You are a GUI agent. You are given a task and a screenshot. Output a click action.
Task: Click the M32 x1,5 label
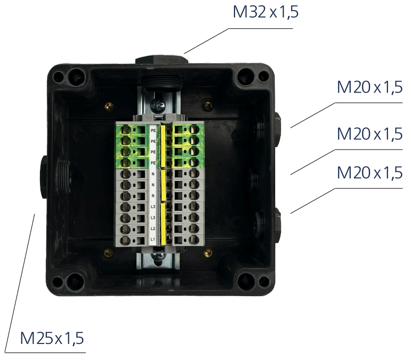coord(265,12)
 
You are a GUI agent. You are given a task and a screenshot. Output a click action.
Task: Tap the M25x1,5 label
coord(52,338)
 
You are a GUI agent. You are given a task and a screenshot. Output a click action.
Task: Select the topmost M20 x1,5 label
coord(369,87)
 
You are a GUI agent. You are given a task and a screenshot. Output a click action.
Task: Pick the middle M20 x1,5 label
coord(369,134)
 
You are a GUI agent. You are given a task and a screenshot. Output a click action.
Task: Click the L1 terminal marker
coord(153,240)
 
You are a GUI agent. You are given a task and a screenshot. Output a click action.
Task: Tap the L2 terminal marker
coord(153,228)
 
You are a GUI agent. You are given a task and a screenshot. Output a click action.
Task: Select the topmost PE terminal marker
coord(153,130)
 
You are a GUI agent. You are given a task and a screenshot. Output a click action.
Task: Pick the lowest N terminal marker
coord(153,195)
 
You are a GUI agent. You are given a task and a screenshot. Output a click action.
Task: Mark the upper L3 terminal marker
coord(153,207)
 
